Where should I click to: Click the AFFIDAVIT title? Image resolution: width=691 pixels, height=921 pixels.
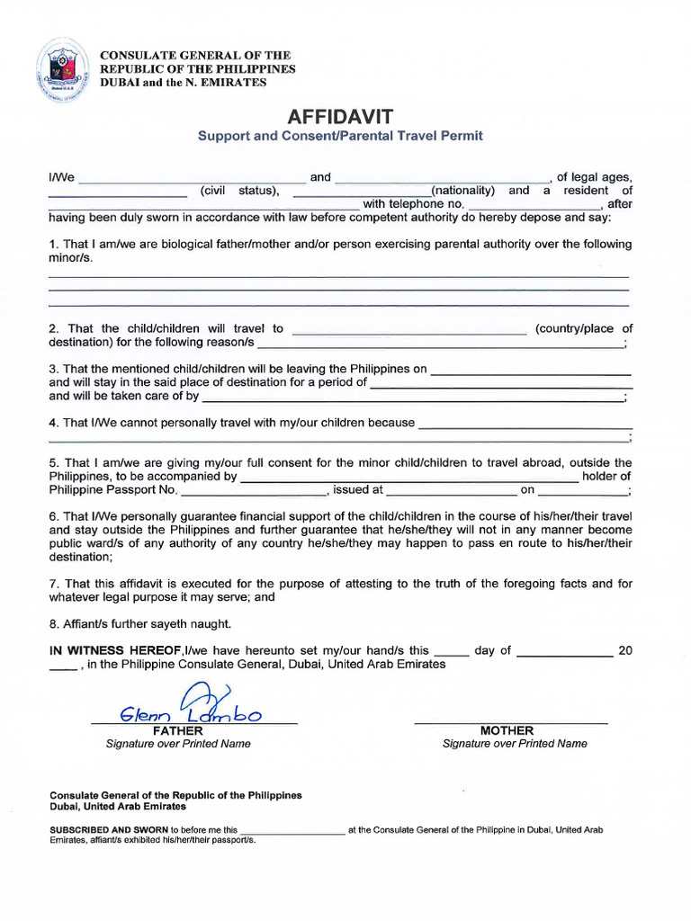coord(340,116)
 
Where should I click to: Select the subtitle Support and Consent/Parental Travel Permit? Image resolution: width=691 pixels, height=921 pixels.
coord(340,136)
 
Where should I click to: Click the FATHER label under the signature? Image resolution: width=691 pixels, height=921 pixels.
coord(178,731)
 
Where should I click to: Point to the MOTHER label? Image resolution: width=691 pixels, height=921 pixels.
coord(507,731)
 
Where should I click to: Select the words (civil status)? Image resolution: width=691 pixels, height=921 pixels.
coord(239,191)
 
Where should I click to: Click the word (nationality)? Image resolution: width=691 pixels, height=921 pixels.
coord(463,191)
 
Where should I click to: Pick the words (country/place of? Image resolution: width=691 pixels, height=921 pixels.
coord(584,328)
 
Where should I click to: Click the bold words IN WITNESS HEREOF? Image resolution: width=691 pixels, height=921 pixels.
coord(114,650)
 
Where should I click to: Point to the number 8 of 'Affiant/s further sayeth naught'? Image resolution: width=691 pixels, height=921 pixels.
coord(52,623)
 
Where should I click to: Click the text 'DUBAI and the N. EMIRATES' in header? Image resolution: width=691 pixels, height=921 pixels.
coord(183,82)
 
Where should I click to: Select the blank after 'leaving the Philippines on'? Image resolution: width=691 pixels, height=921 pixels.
coord(531,370)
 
